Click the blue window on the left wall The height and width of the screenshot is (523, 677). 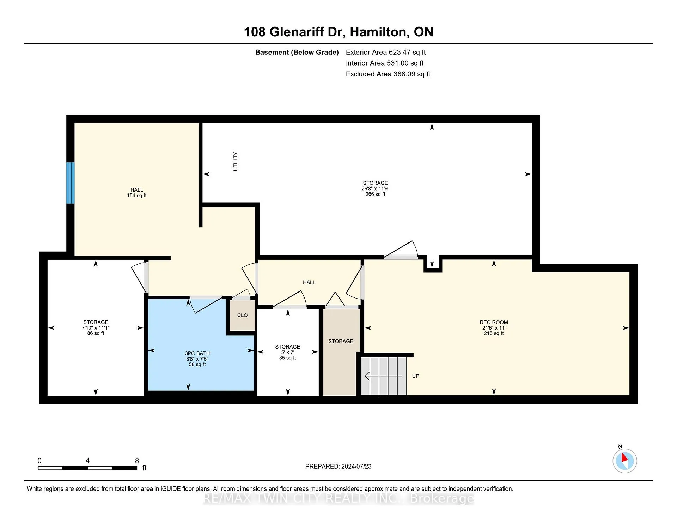pyautogui.click(x=71, y=183)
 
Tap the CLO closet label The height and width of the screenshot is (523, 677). pyautogui.click(x=242, y=315)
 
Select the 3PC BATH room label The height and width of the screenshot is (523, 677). pyautogui.click(x=197, y=353)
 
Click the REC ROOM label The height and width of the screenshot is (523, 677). pyautogui.click(x=494, y=322)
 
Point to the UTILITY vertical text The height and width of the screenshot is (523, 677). pyautogui.click(x=236, y=161)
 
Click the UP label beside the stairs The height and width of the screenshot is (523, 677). pyautogui.click(x=416, y=376)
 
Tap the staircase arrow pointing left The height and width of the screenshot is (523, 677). pyautogui.click(x=383, y=376)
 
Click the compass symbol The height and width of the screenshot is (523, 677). pyautogui.click(x=625, y=461)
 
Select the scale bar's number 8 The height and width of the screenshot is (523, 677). pyautogui.click(x=137, y=461)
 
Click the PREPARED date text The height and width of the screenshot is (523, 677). pyautogui.click(x=338, y=467)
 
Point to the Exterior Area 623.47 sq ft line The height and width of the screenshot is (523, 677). pyautogui.click(x=386, y=53)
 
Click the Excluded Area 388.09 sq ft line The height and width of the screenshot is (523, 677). pyautogui.click(x=388, y=74)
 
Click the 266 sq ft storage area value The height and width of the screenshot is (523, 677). pyautogui.click(x=375, y=194)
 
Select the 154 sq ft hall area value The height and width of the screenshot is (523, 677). pyautogui.click(x=137, y=196)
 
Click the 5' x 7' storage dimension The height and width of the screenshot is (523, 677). pyautogui.click(x=288, y=352)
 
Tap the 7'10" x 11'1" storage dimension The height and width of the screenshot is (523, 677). pyautogui.click(x=96, y=328)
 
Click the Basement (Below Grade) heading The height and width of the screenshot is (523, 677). pyautogui.click(x=297, y=53)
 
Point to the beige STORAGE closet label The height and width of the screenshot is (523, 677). pyautogui.click(x=341, y=341)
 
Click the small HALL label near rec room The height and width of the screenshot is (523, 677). pyautogui.click(x=309, y=282)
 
